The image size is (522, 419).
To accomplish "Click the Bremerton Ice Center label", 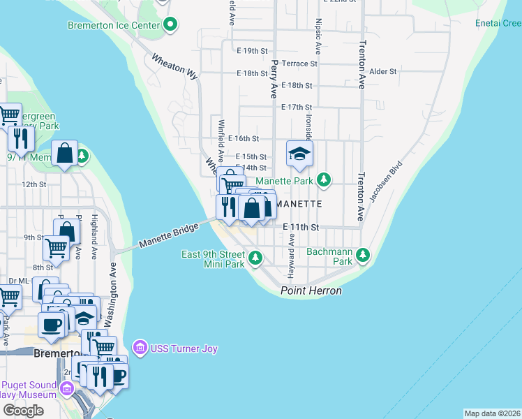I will (x=114, y=26).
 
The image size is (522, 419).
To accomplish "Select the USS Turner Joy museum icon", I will (x=140, y=347).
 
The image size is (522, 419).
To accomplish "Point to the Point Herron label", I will (x=311, y=291).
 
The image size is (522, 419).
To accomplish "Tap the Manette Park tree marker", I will (x=323, y=181).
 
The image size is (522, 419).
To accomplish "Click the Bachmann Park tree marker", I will (x=362, y=256).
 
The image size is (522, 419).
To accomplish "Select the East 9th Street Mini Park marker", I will (x=255, y=259).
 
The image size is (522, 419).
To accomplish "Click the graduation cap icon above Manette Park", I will (x=299, y=154).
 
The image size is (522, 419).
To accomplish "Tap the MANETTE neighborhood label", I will (x=298, y=204).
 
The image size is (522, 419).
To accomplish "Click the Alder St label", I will (x=383, y=71).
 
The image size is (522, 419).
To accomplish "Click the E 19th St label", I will (x=252, y=51).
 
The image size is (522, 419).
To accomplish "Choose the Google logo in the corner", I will (x=23, y=411).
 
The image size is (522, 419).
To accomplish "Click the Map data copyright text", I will (x=492, y=413).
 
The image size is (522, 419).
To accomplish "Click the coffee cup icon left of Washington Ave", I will (x=52, y=325).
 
